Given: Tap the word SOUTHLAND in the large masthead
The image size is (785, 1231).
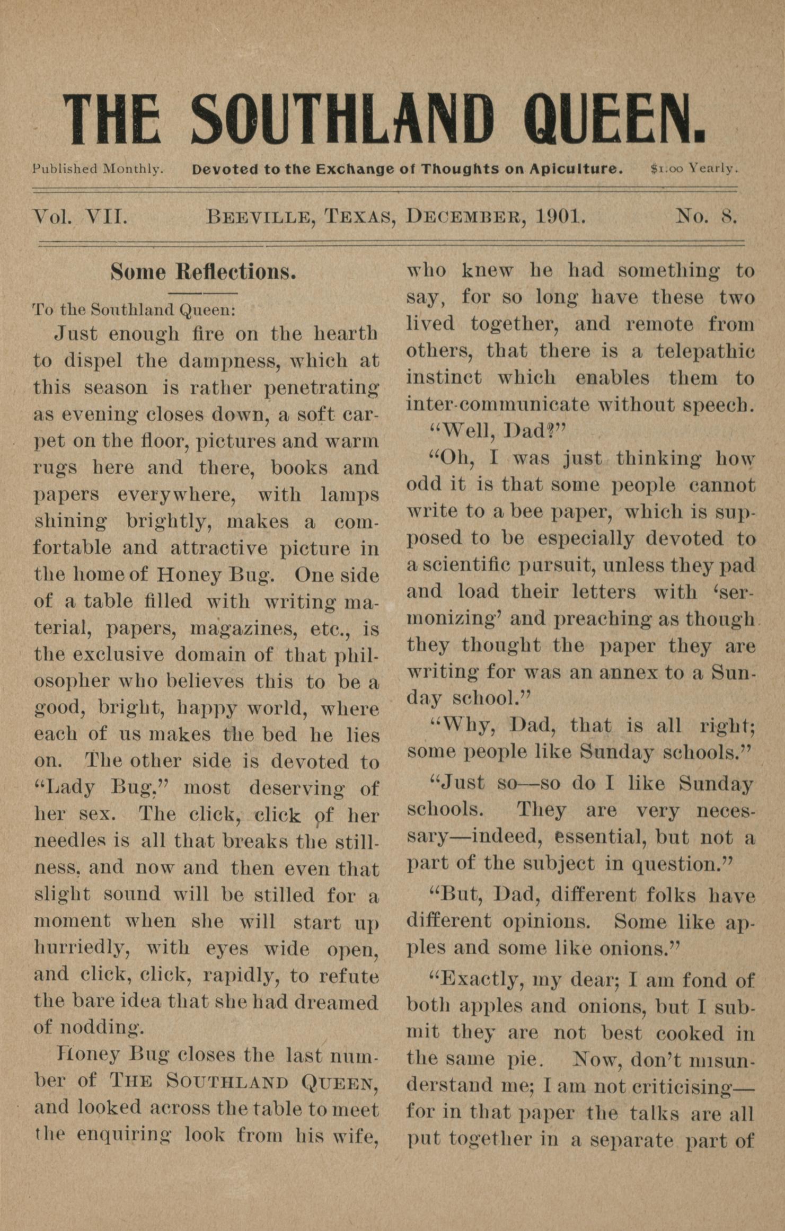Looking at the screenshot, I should coord(342,118).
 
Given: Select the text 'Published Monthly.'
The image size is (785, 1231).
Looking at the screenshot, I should coord(98,169).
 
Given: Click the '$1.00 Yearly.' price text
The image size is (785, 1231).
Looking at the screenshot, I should coord(694,169).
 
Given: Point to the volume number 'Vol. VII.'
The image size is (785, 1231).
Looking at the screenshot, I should coord(80,217).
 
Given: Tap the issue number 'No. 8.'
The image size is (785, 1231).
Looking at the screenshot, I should coord(706,217).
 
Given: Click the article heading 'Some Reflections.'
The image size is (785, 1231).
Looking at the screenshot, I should coord(203,272).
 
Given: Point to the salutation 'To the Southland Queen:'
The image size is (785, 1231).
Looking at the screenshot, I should coord(134,309).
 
